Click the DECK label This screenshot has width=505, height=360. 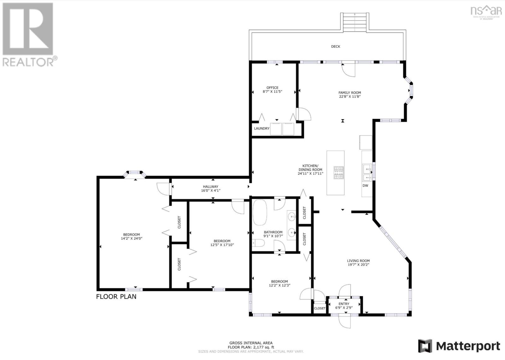tap(336, 46)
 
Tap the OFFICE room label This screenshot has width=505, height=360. tap(272, 88)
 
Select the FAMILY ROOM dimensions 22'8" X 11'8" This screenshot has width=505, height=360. tap(350, 97)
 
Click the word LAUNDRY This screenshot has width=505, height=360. tap(262, 129)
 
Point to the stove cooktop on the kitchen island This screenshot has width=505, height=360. tap(339, 173)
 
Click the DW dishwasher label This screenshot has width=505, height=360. tap(365, 186)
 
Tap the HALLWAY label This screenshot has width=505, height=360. tap(211, 187)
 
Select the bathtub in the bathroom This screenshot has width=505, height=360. tap(260, 212)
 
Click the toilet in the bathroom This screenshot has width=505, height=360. tap(258, 243)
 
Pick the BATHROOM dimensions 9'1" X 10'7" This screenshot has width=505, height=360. tap(273, 236)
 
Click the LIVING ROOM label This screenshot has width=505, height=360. tap(358, 261)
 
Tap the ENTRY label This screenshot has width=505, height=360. tap(344, 304)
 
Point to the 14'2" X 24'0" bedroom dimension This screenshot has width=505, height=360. tap(131, 238)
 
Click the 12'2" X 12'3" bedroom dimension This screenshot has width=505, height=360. tap(279, 285)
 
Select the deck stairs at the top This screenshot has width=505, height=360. tap(355, 22)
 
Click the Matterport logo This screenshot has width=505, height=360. tap(459, 346)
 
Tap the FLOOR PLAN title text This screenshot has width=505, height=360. tap(116, 297)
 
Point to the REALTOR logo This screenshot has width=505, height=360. tap(30, 35)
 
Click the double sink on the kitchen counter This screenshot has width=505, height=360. tap(367, 173)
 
